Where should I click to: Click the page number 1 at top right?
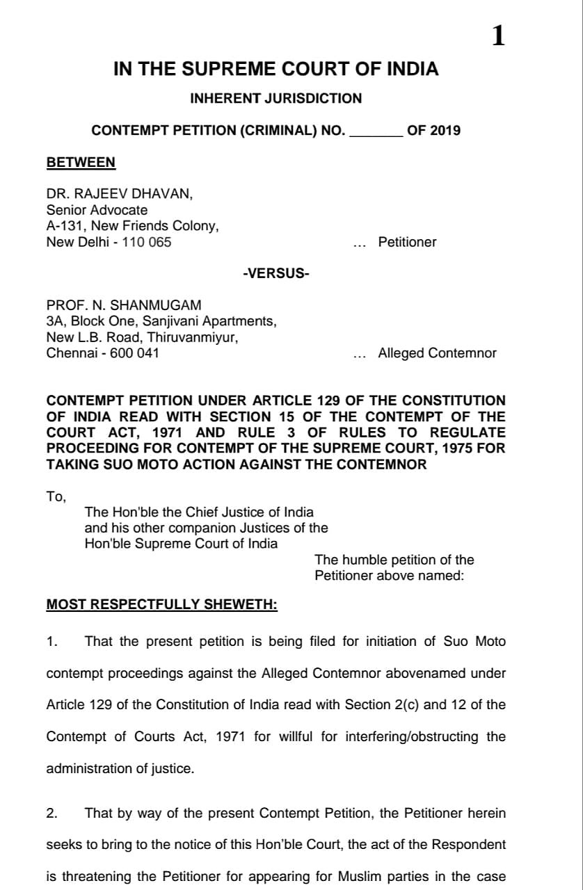click(498, 37)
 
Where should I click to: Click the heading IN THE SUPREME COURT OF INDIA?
click(276, 70)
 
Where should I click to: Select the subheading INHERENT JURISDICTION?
click(276, 99)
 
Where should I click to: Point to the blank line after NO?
click(376, 130)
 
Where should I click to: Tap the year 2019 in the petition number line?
click(445, 130)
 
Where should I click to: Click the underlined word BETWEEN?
click(81, 163)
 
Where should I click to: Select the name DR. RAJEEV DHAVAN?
click(119, 195)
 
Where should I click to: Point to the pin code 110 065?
click(146, 242)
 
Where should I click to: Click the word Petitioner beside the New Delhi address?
click(407, 242)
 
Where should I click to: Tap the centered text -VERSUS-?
click(276, 273)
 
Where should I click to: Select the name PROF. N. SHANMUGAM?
click(124, 306)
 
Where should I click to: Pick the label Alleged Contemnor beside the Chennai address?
click(437, 353)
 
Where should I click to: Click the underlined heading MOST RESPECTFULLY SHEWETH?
click(161, 605)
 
